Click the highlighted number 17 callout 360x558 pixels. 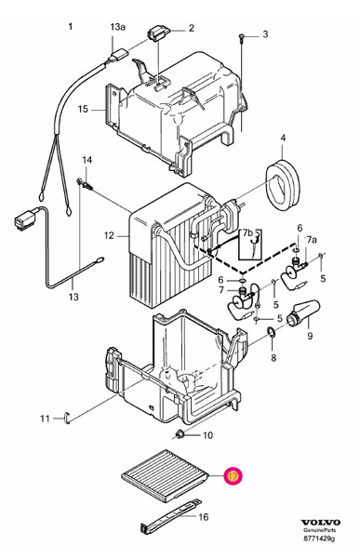(x=233, y=476)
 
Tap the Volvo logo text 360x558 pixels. (x=321, y=523)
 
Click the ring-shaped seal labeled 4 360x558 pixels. (x=283, y=185)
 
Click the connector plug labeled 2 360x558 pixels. (x=158, y=34)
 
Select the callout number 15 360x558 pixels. (x=83, y=109)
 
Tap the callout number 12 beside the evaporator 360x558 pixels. (x=109, y=235)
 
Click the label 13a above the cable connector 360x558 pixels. (x=118, y=27)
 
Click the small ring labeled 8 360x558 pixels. (x=271, y=332)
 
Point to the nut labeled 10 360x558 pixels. (x=180, y=433)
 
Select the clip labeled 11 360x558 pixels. (x=67, y=418)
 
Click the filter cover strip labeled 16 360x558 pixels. (x=170, y=517)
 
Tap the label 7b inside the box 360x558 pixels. (x=247, y=233)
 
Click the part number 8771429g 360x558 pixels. (x=319, y=538)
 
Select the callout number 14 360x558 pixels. (x=87, y=160)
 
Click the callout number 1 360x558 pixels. (x=71, y=26)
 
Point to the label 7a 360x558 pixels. (x=312, y=240)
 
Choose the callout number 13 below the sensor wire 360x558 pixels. (x=73, y=297)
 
